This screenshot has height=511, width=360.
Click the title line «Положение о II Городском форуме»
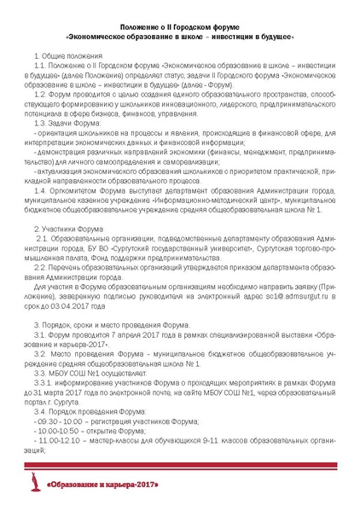(x=179, y=28)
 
